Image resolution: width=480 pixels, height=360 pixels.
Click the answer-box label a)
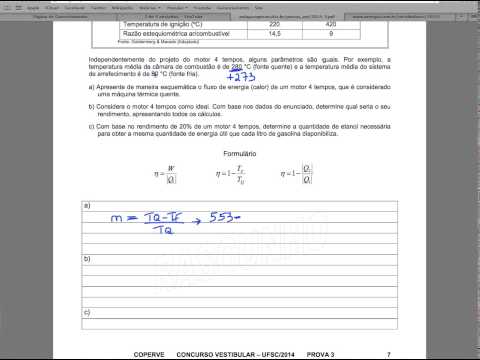(86, 205)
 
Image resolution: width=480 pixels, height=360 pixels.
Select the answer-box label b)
(86, 258)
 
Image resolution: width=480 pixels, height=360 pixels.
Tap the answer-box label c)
(86, 311)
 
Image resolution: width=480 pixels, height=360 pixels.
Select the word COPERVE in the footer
(152, 353)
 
